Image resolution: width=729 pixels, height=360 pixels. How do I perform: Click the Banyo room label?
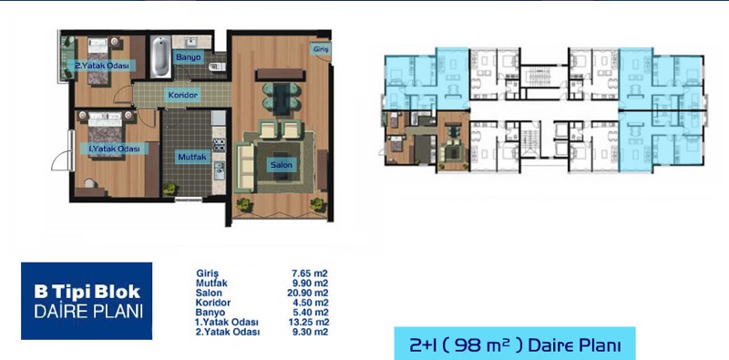(189, 57)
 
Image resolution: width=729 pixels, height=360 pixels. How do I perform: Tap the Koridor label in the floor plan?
(183, 96)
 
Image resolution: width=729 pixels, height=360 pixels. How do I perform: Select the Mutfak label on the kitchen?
(192, 157)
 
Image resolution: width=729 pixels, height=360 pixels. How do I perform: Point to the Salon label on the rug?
(282, 165)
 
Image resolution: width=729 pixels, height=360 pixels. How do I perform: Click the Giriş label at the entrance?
(321, 49)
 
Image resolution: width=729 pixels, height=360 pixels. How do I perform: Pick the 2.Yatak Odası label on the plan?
(101, 66)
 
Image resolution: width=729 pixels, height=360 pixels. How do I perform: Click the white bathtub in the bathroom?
(160, 57)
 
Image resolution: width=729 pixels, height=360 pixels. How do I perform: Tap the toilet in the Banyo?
(216, 67)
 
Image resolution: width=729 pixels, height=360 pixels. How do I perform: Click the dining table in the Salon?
(281, 98)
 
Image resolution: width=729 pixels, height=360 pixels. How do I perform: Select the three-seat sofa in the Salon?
(244, 168)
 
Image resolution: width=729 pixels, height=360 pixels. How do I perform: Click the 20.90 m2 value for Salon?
(307, 293)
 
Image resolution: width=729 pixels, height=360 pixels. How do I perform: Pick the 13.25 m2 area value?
(307, 323)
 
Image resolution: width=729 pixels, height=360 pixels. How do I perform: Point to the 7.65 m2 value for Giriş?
(309, 273)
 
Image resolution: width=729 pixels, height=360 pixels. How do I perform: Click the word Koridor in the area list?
(213, 303)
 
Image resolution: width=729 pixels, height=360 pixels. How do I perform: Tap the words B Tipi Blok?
(87, 292)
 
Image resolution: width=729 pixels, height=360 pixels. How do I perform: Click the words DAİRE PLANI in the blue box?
(87, 311)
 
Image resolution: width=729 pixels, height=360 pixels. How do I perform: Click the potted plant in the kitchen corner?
(169, 189)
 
